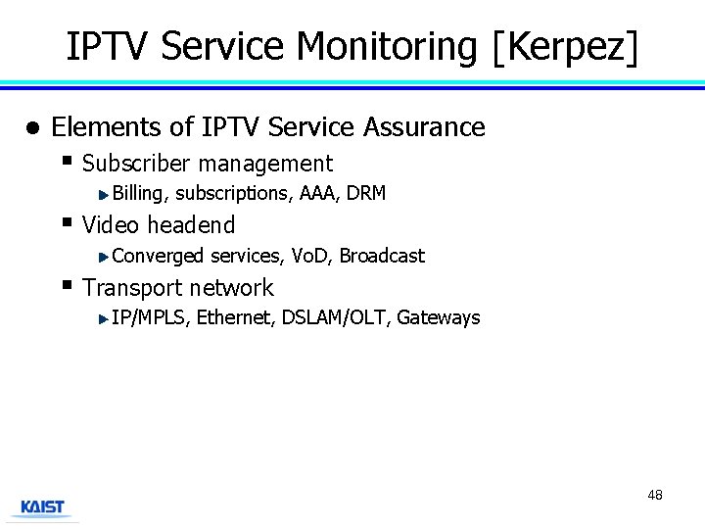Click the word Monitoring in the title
[x=388, y=46]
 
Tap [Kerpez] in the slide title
[x=566, y=46]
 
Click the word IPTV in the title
[x=109, y=46]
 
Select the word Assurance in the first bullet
[x=424, y=127]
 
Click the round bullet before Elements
[x=32, y=128]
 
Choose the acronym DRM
[x=366, y=193]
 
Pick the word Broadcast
[x=382, y=256]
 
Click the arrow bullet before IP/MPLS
[x=104, y=317]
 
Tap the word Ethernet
[x=235, y=317]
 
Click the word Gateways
[x=439, y=317]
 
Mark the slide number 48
[x=655, y=495]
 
